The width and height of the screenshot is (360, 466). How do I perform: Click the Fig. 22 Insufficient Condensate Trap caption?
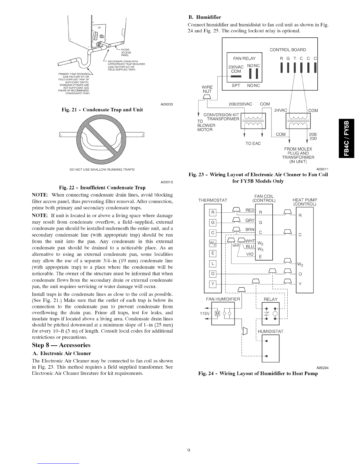[x=102, y=187]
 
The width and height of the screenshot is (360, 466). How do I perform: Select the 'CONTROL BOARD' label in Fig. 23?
[x=288, y=50]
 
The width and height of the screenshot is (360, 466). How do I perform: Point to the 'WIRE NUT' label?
[x=207, y=89]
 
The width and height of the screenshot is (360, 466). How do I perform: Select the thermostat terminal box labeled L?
[x=211, y=263]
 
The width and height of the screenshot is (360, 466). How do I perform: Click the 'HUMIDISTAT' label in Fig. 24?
[x=270, y=331]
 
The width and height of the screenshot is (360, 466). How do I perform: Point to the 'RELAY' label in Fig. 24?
[x=271, y=299]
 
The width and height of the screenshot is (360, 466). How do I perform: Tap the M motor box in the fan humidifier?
[x=218, y=312]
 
